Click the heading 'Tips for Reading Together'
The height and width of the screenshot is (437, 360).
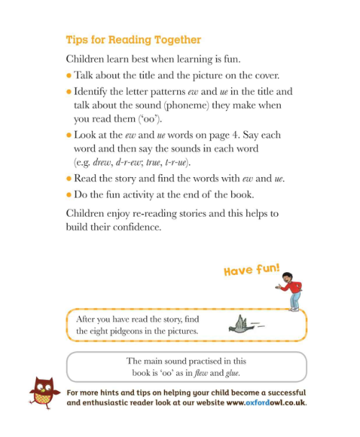click(133, 40)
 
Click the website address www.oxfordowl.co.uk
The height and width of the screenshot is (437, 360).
click(266, 402)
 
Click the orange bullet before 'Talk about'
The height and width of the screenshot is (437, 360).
click(68, 75)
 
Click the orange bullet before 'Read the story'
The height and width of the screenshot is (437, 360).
click(68, 179)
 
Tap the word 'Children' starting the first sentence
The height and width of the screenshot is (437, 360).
click(88, 58)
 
